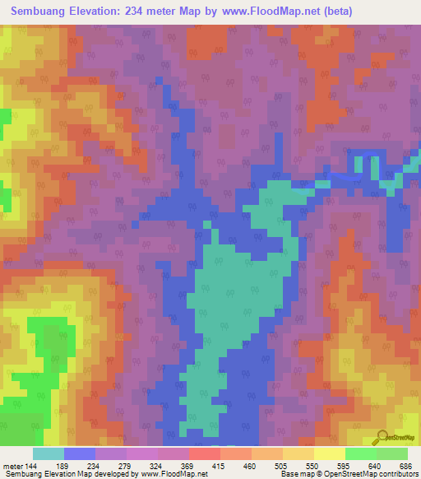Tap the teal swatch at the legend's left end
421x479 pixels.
point(49,453)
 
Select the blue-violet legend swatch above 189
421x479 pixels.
point(80,453)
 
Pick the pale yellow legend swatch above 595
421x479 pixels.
point(329,453)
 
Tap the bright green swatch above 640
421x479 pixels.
point(360,453)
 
